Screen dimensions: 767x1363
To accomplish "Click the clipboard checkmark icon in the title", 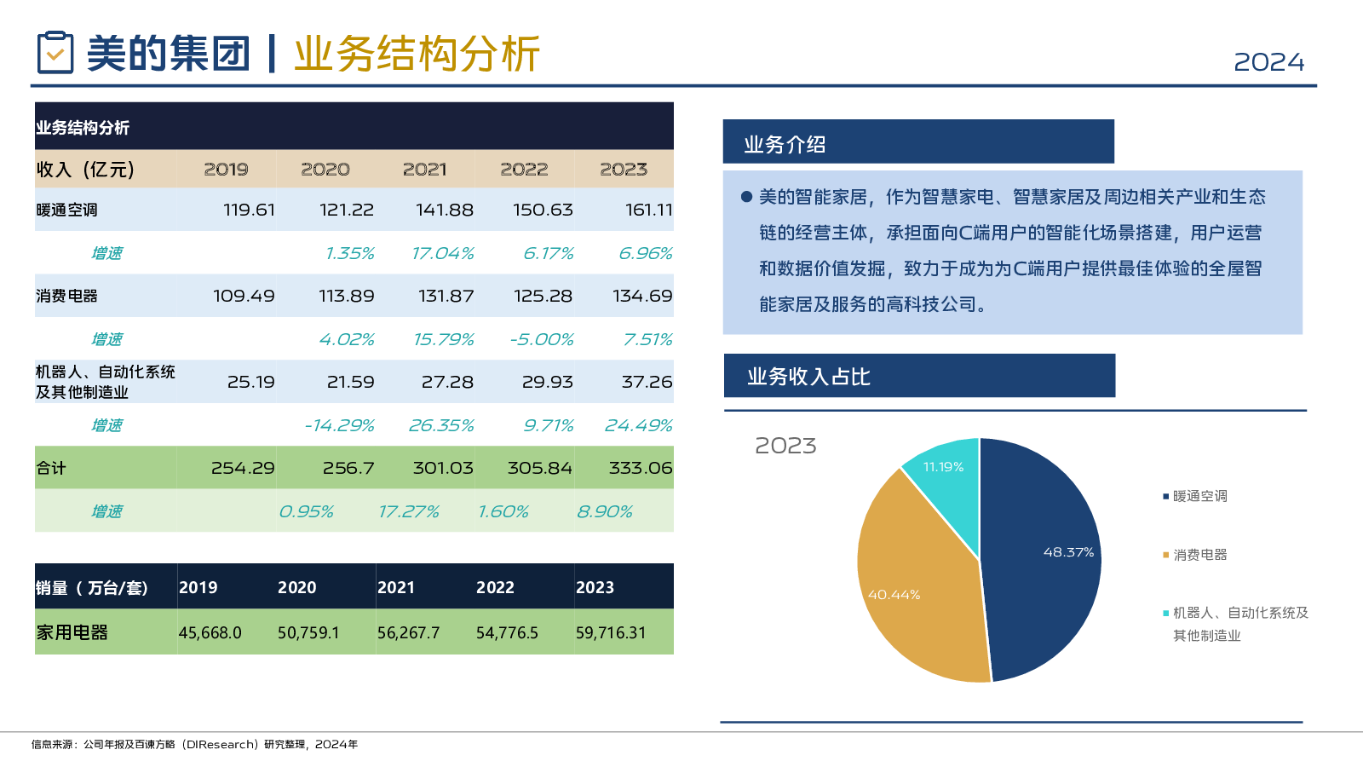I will tap(55, 53).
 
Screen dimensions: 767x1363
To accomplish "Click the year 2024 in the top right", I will tap(1268, 62).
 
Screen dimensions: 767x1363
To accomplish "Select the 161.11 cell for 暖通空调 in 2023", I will tap(648, 210).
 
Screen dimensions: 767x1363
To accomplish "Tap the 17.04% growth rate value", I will tap(442, 253).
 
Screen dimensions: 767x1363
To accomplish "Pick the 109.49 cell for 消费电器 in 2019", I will tap(244, 296).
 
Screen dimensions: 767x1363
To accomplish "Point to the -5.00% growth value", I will tap(542, 339).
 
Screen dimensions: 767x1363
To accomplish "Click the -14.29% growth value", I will tap(339, 425).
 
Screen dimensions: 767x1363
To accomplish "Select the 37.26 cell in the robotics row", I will tap(647, 382).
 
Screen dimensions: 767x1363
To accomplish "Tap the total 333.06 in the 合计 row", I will tap(641, 468).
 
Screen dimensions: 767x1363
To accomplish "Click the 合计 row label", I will tap(51, 468).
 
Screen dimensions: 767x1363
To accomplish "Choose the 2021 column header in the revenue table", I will tap(424, 169).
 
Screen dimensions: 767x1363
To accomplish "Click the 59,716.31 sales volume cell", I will tap(611, 632).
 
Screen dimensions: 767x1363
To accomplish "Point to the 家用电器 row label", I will tap(72, 632).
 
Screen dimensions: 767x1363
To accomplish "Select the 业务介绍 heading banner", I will tap(917, 141).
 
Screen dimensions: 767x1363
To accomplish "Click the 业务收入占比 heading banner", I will tap(918, 376).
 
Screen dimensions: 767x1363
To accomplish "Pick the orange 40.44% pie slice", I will tap(912, 580).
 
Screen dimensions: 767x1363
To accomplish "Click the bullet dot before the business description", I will tap(746, 197).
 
